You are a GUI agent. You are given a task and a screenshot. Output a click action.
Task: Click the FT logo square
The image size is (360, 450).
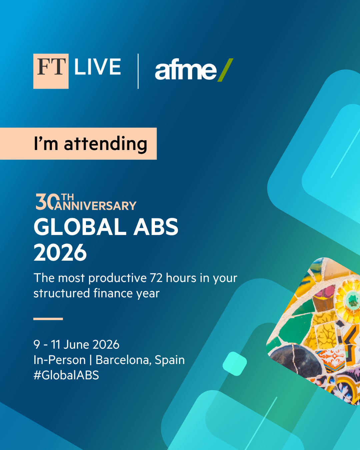point(51,71)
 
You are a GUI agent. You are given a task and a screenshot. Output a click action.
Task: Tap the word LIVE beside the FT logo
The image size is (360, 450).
point(97,67)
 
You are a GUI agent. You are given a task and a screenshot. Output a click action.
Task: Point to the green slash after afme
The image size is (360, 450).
point(226,70)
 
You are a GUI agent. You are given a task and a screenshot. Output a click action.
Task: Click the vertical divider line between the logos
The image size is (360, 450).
point(138,71)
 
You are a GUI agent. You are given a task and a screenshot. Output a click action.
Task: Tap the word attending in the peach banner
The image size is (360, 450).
point(105,144)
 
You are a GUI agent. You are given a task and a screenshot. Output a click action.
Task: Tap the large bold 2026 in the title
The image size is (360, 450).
point(60,253)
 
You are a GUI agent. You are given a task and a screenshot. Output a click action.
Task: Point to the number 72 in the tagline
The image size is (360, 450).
point(156,278)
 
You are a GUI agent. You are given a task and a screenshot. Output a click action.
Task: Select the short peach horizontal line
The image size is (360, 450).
point(48,319)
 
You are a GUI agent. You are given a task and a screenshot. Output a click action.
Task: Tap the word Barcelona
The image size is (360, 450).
point(123,360)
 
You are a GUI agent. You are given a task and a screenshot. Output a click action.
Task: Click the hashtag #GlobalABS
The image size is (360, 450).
point(66,375)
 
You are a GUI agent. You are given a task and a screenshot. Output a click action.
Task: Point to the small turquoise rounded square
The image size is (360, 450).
point(235,364)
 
